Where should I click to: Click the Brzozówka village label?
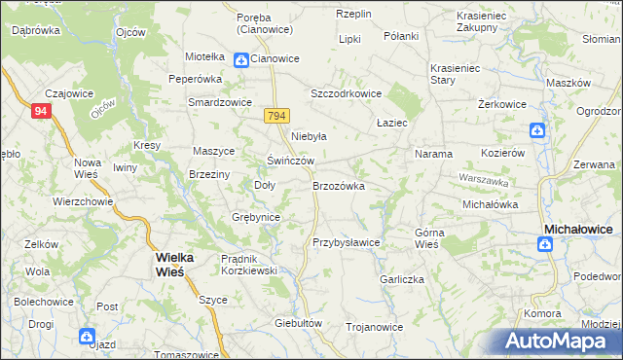click(338, 185)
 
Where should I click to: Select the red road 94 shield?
click(41, 112)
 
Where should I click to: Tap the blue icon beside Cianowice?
click(240, 59)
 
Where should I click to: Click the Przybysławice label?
click(346, 242)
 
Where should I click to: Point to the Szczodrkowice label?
click(345, 93)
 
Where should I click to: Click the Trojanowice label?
click(374, 327)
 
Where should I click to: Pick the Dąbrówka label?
click(36, 30)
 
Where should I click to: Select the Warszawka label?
click(484, 181)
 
